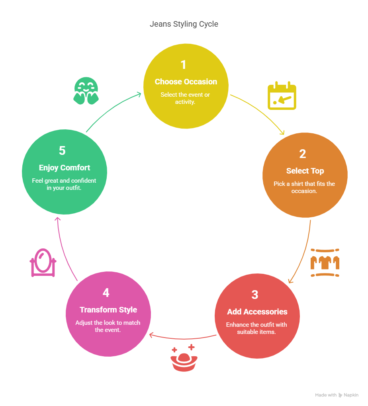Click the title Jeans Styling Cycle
[184, 24]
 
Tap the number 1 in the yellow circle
[183, 64]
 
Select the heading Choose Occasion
[186, 82]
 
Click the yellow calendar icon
[282, 96]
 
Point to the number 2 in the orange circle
[303, 154]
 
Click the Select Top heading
[305, 171]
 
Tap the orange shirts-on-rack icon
[325, 263]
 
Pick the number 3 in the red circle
[255, 295]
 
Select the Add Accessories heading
[257, 312]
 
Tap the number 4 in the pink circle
[106, 293]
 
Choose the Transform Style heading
[108, 310]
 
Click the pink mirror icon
[43, 263]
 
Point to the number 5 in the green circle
[62, 150]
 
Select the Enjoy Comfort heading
[65, 168]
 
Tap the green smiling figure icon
[86, 91]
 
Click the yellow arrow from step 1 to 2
[263, 111]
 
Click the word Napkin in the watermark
[351, 395]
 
